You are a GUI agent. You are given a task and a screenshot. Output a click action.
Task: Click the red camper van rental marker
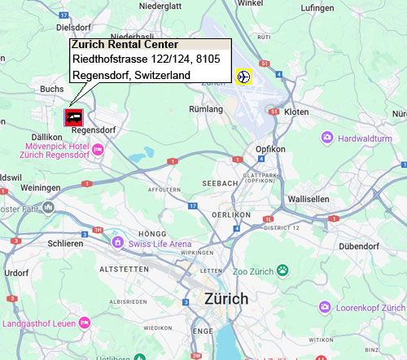click(73, 116)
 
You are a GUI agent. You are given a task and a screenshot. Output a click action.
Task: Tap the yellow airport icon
click(243, 77)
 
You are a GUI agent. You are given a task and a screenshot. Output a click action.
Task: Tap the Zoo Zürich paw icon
click(282, 270)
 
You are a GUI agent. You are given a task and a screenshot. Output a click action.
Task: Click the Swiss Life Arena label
click(159, 243)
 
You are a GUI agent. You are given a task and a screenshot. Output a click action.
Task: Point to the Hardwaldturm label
click(365, 138)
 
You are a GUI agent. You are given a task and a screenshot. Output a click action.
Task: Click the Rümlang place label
click(205, 108)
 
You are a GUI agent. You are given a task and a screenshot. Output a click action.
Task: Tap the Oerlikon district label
click(229, 213)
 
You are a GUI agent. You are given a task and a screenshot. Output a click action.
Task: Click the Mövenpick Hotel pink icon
click(98, 148)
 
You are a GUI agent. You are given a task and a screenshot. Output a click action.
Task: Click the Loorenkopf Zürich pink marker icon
click(326, 308)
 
